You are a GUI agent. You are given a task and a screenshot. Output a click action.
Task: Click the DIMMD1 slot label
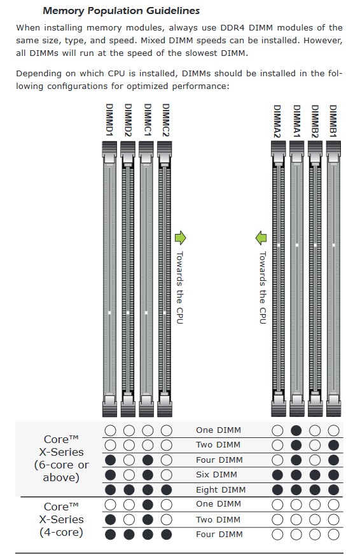[110, 120]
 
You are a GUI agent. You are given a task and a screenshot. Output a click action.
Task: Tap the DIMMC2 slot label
[165, 120]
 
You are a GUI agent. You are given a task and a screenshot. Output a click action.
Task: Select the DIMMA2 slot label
[277, 121]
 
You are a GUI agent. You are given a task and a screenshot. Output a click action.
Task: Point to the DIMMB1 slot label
[333, 121]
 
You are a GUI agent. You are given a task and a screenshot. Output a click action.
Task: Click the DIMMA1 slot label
[296, 121]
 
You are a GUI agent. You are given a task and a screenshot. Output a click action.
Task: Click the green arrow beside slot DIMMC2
[181, 238]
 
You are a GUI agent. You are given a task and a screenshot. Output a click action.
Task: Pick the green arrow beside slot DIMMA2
[261, 238]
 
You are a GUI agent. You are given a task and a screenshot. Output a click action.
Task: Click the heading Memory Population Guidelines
[121, 11]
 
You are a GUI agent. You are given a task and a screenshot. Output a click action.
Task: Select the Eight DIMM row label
[221, 489]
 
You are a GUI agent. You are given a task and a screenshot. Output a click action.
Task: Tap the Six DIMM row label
[216, 475]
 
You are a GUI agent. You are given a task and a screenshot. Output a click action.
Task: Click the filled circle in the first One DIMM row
[296, 430]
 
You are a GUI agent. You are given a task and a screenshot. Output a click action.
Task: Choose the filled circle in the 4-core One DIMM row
[148, 505]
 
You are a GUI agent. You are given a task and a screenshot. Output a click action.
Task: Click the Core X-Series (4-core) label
[61, 519]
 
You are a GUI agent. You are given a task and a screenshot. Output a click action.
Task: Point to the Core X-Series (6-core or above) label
[61, 458]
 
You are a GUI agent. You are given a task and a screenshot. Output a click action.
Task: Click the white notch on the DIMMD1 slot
[109, 313]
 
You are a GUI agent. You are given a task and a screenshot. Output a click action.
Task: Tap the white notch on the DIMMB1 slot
[333, 245]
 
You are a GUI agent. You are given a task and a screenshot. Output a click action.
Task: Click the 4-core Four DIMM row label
[219, 535]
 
